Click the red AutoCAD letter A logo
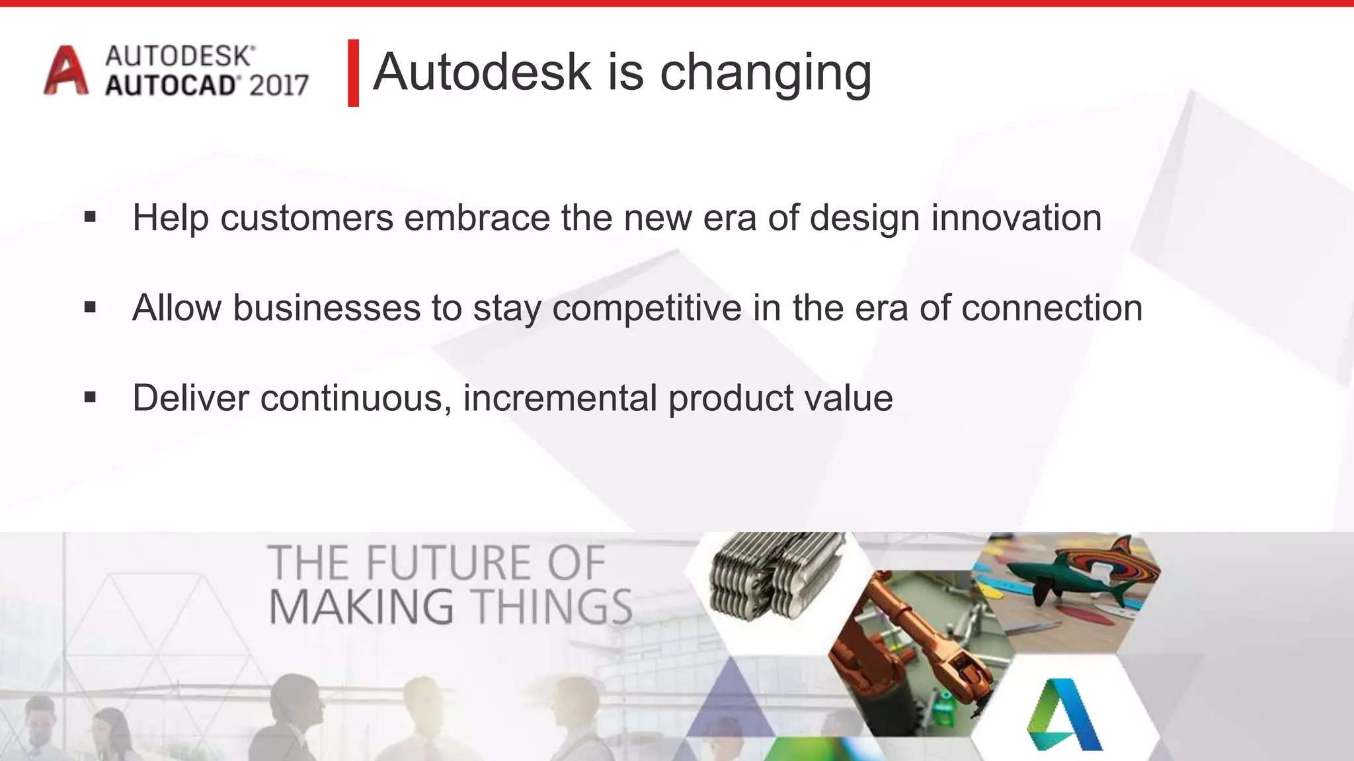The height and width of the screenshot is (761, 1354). [x=65, y=71]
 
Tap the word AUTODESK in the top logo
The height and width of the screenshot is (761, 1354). [x=179, y=56]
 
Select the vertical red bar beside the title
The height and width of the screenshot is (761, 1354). [x=353, y=73]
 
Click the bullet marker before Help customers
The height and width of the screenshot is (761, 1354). [x=91, y=217]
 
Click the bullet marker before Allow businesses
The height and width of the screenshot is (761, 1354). [x=91, y=307]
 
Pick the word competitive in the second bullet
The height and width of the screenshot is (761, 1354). [x=647, y=308]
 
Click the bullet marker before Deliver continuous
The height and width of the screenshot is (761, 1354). [x=91, y=398]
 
